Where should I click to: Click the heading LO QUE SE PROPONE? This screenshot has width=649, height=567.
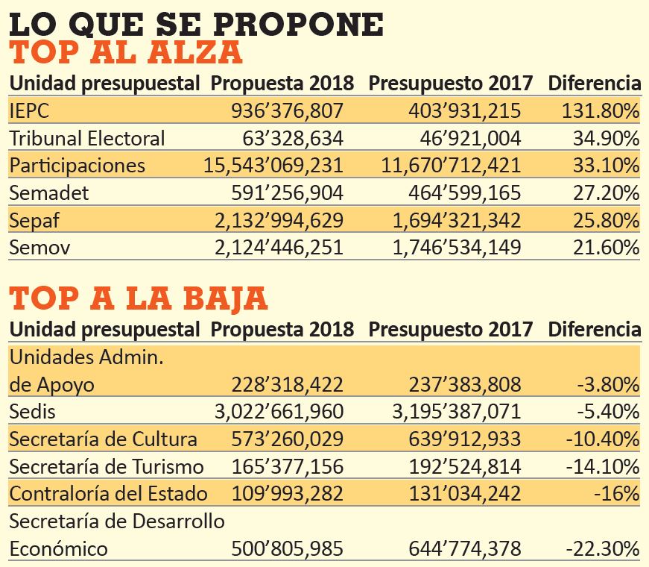(x=196, y=24)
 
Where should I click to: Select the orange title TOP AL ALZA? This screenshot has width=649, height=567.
(x=125, y=52)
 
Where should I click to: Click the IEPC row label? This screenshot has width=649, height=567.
(x=29, y=110)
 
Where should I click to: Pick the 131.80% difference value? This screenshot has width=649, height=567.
(x=600, y=110)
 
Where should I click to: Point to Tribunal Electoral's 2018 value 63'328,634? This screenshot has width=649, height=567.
(x=293, y=138)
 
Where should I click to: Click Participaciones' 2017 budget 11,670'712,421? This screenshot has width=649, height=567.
(x=451, y=166)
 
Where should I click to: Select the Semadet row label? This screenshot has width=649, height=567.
(x=49, y=192)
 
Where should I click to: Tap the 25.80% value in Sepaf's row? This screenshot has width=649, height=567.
(x=606, y=220)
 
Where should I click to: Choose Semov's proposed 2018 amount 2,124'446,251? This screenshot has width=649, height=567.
(x=279, y=248)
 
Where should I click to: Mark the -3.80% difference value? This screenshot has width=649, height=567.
(x=609, y=384)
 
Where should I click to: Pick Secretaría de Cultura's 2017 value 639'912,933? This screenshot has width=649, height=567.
(x=465, y=439)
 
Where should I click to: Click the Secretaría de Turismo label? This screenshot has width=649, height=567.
(x=107, y=466)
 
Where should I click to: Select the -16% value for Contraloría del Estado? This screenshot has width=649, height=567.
(x=617, y=494)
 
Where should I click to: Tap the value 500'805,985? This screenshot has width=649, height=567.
(x=288, y=548)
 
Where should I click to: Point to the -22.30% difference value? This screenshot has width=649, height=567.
(x=603, y=548)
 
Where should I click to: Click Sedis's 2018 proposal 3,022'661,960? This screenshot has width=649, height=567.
(x=279, y=412)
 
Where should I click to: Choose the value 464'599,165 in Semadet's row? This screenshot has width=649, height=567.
(x=465, y=192)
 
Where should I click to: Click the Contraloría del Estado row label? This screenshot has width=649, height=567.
(x=109, y=494)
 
